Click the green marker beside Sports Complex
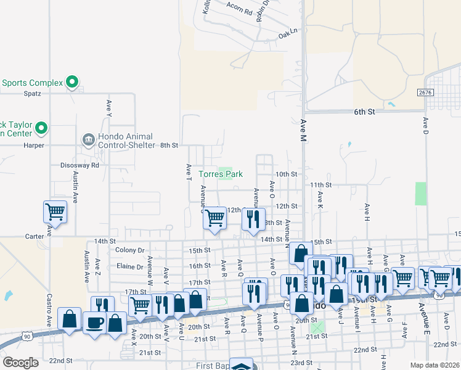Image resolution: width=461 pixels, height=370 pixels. (x=72, y=81)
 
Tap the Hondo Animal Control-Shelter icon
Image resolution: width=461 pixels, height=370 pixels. (x=88, y=139)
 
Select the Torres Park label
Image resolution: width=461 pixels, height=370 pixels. (x=220, y=175)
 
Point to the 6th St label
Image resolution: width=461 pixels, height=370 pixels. (x=364, y=112)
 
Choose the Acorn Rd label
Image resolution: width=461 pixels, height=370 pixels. (x=222, y=11)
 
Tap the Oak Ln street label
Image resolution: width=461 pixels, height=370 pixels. (x=287, y=32)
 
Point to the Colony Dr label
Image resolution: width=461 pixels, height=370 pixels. (x=129, y=250)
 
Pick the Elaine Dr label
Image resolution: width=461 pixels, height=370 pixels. (x=129, y=266)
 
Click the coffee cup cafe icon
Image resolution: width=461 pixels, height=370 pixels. (x=94, y=323)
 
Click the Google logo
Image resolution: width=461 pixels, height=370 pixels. (x=20, y=363)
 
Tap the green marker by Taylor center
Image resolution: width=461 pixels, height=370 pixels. (x=41, y=128)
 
